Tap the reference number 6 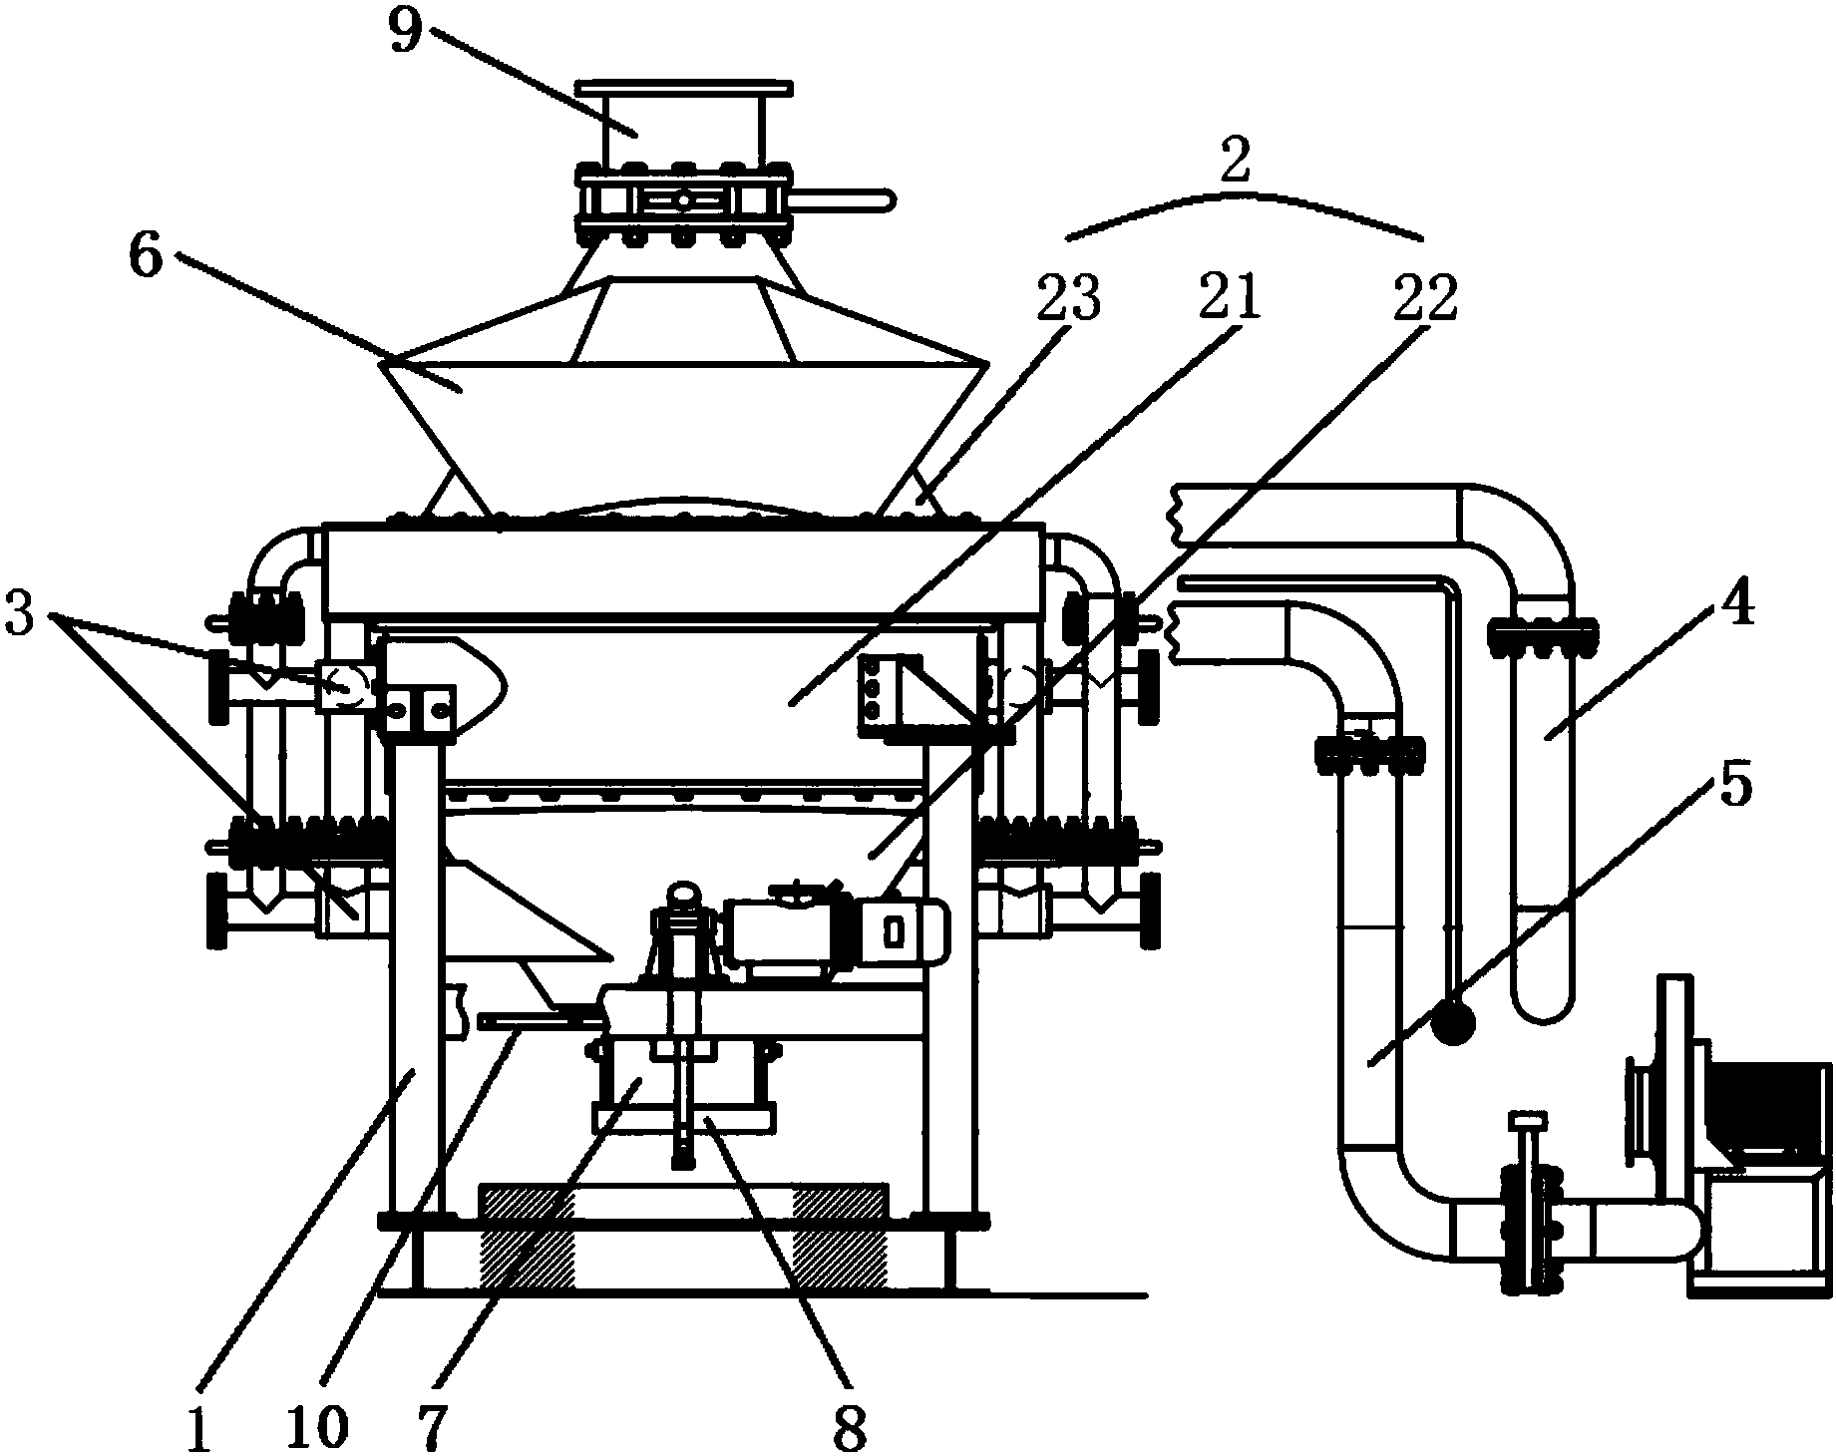point(146,254)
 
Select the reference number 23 point(1067,296)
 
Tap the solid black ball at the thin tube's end point(1453,1020)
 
